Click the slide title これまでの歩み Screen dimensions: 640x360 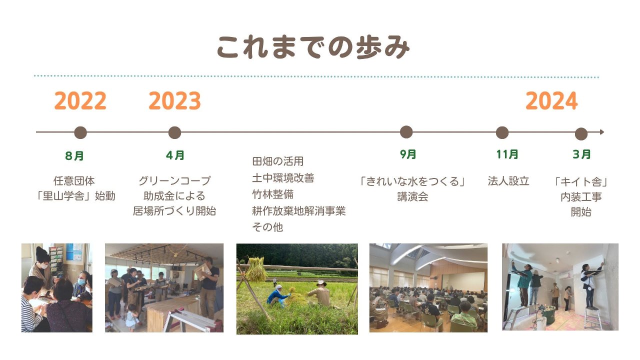tap(313, 47)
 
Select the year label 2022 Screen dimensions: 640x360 tap(80, 101)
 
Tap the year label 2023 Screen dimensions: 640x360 tap(174, 101)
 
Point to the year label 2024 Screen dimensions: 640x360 tap(551, 101)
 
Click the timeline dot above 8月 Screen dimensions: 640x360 tap(80, 132)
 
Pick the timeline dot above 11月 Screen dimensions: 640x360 tap(502, 132)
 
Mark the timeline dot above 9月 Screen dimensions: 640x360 tap(406, 132)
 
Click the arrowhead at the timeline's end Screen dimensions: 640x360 tap(602, 132)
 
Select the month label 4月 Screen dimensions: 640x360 tap(175, 155)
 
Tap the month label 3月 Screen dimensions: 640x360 tap(581, 154)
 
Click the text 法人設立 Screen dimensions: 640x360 tap(508, 181)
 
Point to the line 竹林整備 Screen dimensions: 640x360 tap(273, 194)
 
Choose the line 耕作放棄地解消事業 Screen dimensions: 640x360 tap(299, 211)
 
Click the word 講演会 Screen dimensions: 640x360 tap(412, 197)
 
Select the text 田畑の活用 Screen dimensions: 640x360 tap(277, 161)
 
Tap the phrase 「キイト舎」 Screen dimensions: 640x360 tap(581, 181)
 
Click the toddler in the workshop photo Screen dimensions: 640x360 tap(131, 317)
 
